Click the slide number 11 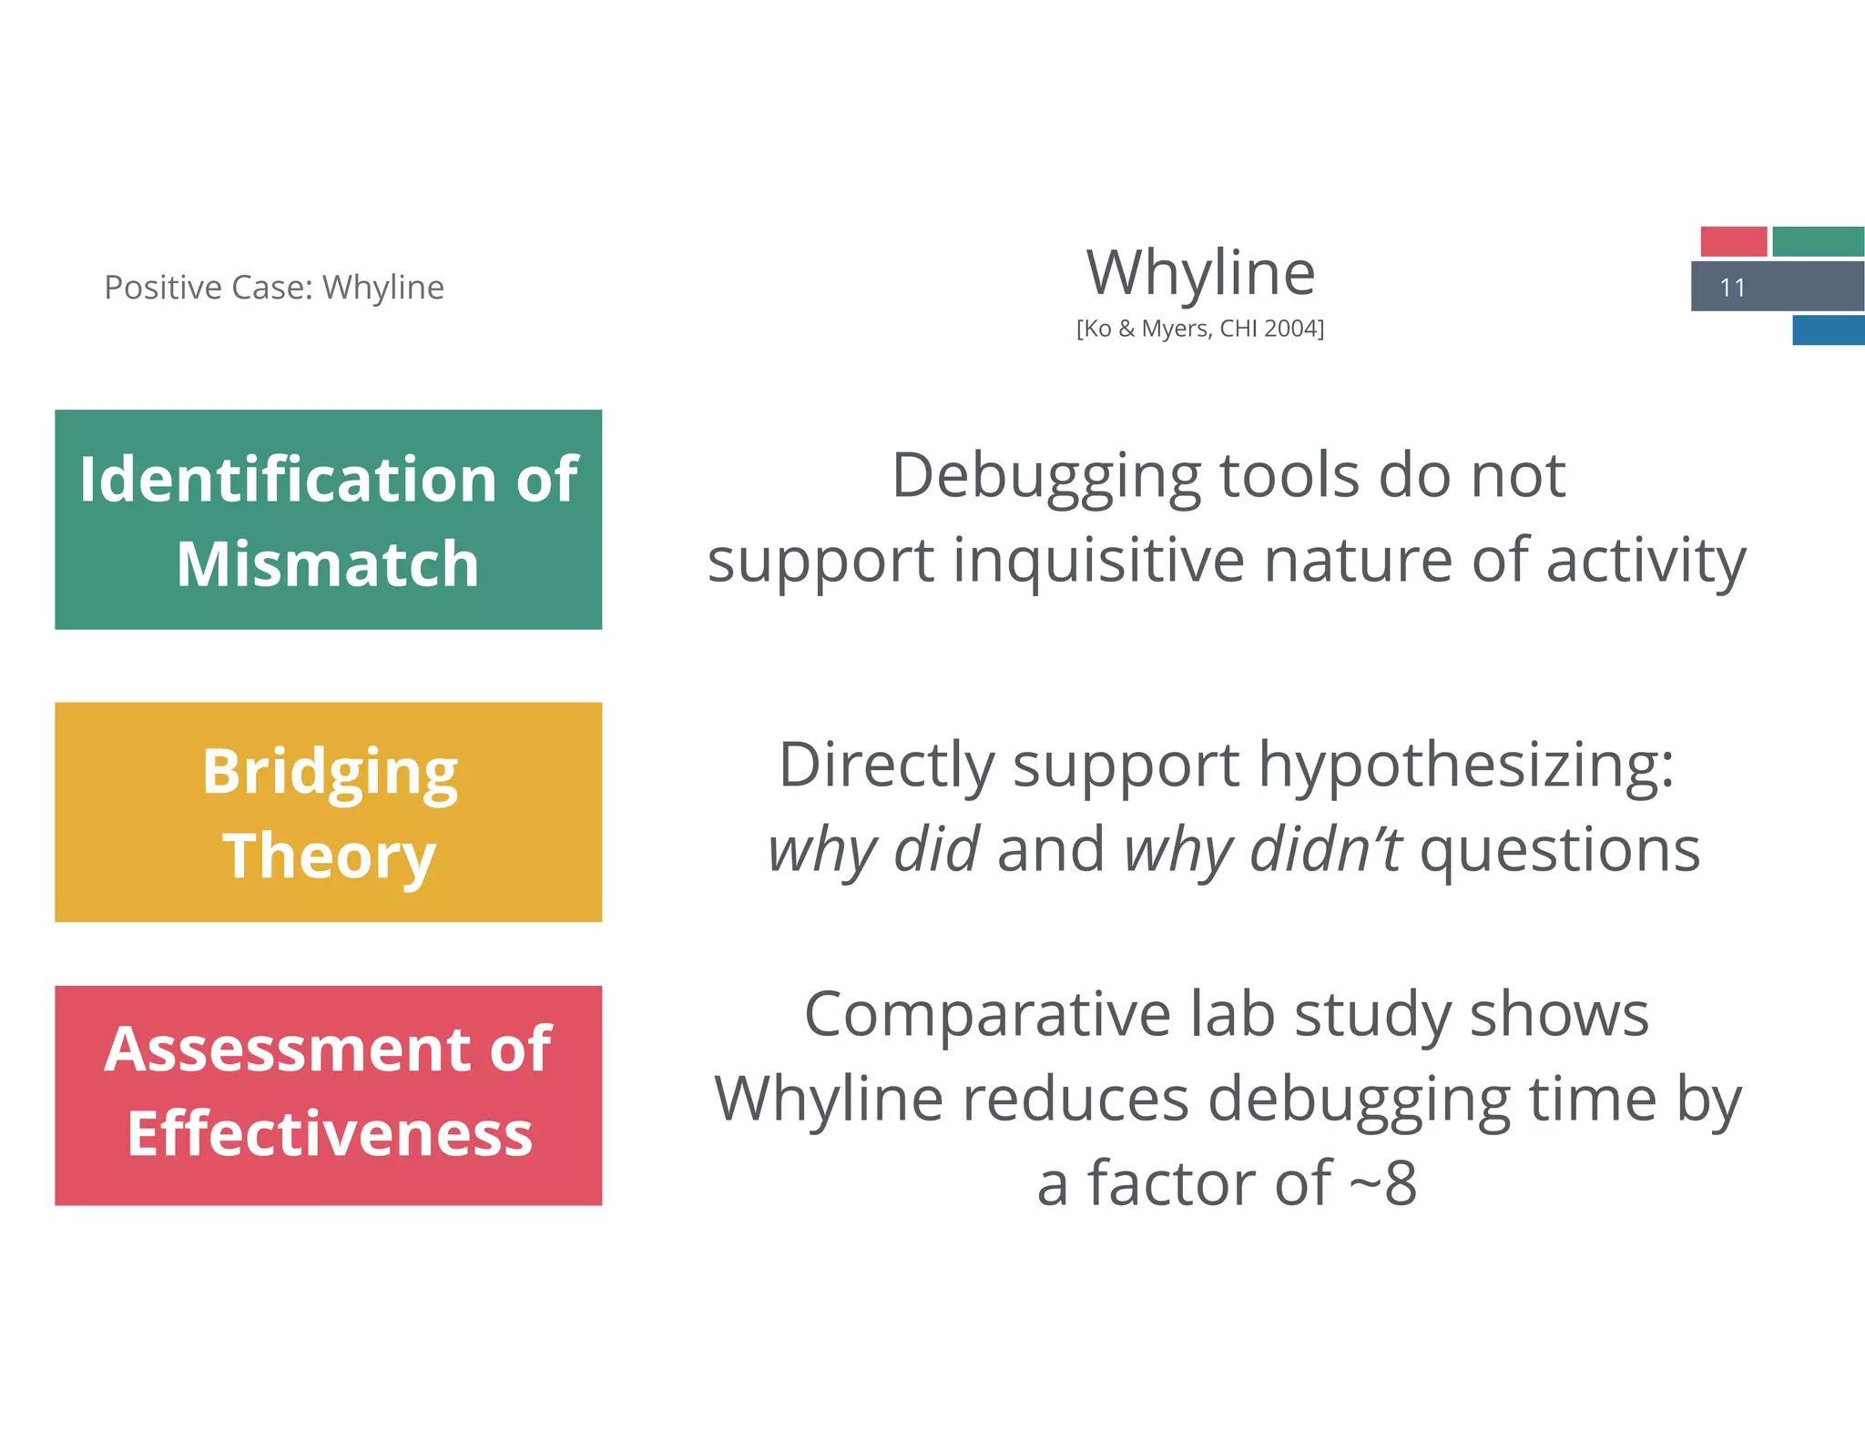1731,288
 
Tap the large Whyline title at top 1200,272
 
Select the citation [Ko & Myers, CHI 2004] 1199,329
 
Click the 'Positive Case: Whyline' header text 274,288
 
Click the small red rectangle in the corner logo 1733,241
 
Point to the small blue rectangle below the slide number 1828,330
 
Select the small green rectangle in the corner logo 1817,241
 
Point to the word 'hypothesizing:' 1466,765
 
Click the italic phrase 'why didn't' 1262,849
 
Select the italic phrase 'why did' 872,849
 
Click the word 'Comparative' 987,1015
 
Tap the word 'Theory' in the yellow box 330,856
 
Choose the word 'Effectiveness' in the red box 330,1134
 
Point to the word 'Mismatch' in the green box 328,564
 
